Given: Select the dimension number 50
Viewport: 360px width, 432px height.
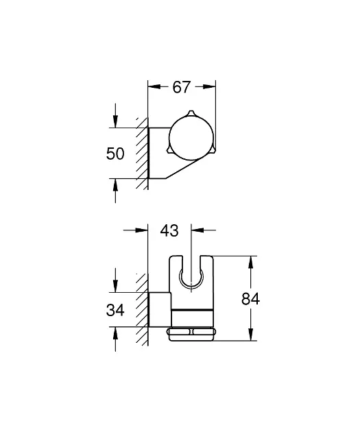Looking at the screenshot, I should (x=116, y=154).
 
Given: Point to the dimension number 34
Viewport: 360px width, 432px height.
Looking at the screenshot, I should (x=116, y=311).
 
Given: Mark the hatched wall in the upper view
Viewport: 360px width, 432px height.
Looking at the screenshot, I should (x=143, y=154).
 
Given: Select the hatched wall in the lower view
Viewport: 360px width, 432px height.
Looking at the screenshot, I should (x=143, y=302).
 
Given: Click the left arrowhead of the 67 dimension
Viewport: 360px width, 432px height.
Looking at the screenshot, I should (x=154, y=87).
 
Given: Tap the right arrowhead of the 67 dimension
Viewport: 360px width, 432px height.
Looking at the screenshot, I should (x=210, y=87).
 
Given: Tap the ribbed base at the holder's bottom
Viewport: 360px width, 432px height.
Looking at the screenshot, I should (x=193, y=333).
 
